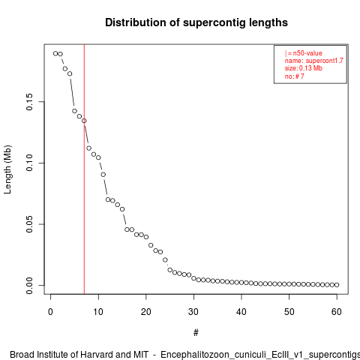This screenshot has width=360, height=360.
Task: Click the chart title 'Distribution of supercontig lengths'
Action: click(x=196, y=22)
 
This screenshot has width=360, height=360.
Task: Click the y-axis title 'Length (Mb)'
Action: click(x=7, y=169)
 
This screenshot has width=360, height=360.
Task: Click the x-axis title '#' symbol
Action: click(x=196, y=333)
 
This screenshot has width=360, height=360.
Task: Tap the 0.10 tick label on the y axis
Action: click(x=29, y=163)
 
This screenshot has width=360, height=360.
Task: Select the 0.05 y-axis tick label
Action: click(x=29, y=224)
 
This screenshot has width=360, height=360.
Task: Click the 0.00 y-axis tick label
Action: click(x=29, y=285)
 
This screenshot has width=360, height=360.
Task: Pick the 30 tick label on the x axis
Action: click(x=193, y=312)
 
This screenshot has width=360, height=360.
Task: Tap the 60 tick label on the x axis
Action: click(x=337, y=312)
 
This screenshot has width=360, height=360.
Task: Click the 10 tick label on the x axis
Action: click(x=98, y=312)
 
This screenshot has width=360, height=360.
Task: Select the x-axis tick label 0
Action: click(x=50, y=312)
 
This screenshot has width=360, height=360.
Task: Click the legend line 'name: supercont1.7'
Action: click(x=314, y=61)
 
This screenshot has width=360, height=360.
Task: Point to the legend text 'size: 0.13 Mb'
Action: click(x=304, y=68)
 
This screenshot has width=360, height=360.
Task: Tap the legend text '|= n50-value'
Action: click(x=304, y=53)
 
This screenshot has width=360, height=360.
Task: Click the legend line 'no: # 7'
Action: click(x=295, y=76)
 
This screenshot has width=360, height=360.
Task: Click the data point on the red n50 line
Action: click(x=84, y=121)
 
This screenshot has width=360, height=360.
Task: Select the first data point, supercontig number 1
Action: click(x=55, y=53)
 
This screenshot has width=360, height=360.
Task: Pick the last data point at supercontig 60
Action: click(x=337, y=285)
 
